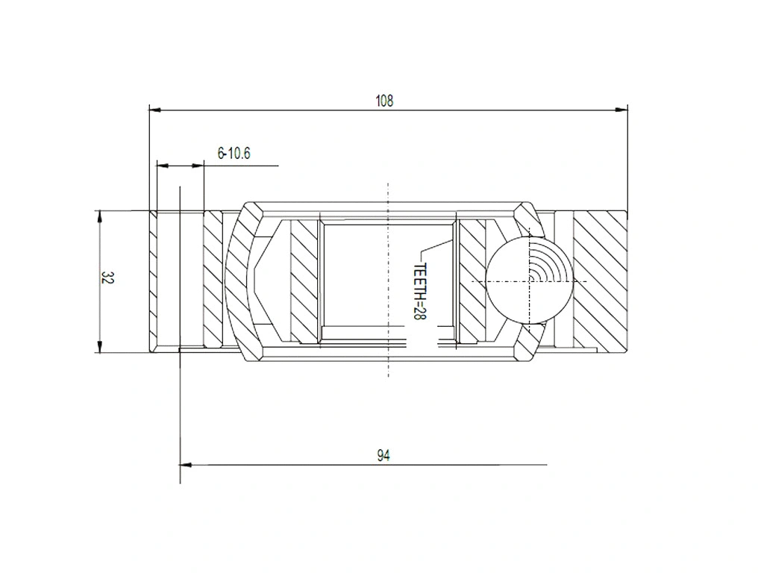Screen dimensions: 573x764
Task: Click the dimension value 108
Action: coord(383,101)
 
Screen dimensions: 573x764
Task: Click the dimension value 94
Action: coord(383,455)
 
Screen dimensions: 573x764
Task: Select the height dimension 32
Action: coord(107,279)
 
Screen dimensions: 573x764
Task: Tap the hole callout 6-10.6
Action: coord(234,154)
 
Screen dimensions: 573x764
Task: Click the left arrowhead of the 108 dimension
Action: coord(155,110)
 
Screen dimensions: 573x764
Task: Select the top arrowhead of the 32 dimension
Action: coord(99,216)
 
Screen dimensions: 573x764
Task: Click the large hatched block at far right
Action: coord(601,280)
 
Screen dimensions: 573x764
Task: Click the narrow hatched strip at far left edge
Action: coord(153,280)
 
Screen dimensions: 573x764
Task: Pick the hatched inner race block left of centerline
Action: coord(304,280)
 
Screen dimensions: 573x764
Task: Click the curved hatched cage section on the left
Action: coord(240,280)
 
